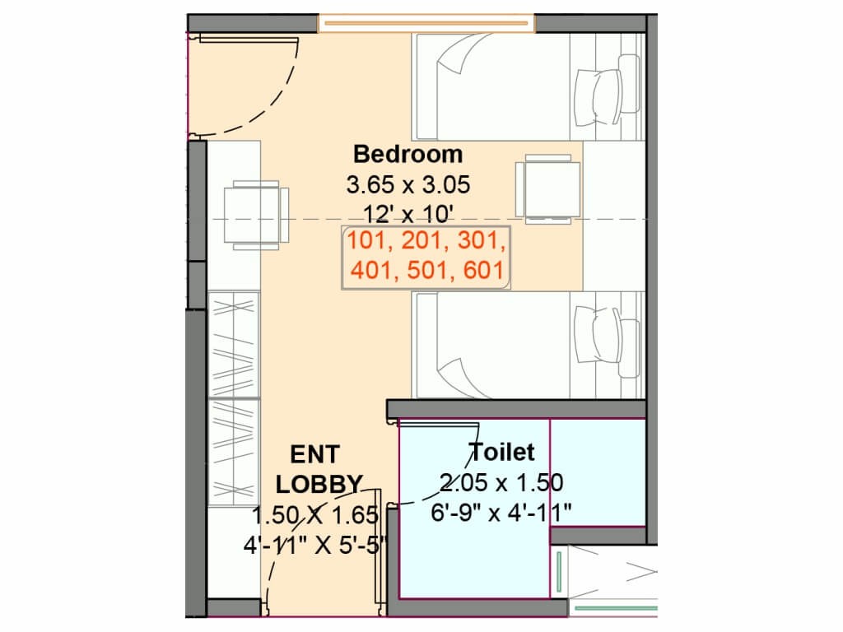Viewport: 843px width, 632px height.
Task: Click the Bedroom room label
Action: click(408, 154)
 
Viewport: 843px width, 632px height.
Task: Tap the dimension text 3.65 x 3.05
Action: click(408, 185)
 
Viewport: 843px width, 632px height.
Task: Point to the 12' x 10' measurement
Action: click(408, 214)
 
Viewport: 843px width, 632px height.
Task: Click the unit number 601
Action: click(482, 270)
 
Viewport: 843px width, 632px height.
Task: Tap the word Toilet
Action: click(501, 452)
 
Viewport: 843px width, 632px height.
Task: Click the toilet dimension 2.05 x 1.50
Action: click(501, 482)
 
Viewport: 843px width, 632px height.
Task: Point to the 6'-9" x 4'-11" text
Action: click(501, 512)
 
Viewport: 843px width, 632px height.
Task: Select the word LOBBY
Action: click(319, 485)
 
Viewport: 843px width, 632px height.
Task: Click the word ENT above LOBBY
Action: click(315, 455)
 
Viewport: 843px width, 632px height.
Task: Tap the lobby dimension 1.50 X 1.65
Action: click(315, 515)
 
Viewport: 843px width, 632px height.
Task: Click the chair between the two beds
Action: click(547, 189)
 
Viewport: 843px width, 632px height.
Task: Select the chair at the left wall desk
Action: click(257, 215)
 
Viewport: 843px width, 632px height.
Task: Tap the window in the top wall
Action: click(426, 23)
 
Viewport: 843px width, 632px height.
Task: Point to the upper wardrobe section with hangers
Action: click(234, 345)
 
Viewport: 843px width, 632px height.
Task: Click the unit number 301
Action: click(482, 240)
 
